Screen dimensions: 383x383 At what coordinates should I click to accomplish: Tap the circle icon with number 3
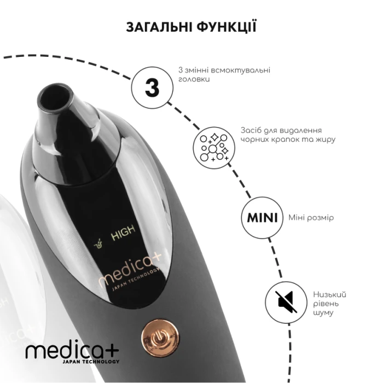[x=152, y=87]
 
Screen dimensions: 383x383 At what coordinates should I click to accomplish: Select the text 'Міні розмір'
[x=311, y=218]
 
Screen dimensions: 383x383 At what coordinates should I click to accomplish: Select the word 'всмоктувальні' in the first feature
[x=239, y=71]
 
